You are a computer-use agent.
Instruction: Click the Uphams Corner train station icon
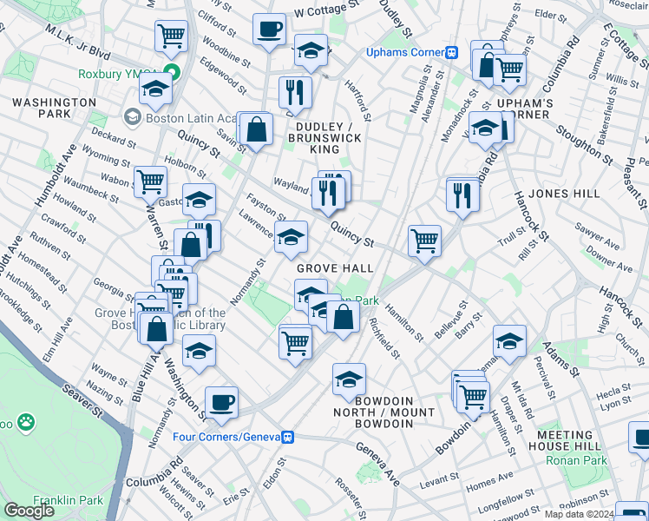click(451, 52)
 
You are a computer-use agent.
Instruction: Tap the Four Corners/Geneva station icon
click(293, 437)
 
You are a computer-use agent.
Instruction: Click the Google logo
click(29, 511)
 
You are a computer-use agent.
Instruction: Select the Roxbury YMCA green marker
click(172, 73)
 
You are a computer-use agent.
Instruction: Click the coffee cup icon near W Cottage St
click(269, 29)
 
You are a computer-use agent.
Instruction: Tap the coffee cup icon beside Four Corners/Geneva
click(221, 403)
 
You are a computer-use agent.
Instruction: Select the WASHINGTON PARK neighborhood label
click(54, 108)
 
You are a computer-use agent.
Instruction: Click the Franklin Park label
click(68, 500)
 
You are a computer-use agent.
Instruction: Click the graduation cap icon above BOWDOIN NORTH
click(349, 379)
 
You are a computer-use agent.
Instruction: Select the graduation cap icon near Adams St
click(509, 340)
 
